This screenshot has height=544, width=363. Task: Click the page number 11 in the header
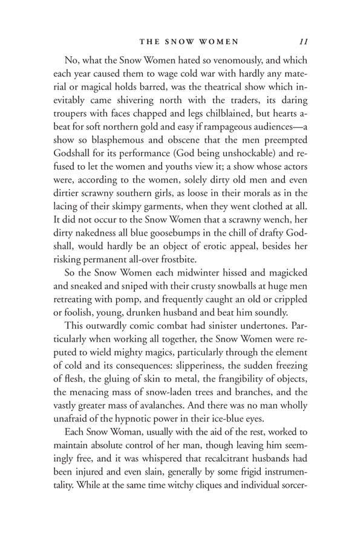pos(304,42)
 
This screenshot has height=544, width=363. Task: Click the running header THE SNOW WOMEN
pos(189,42)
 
